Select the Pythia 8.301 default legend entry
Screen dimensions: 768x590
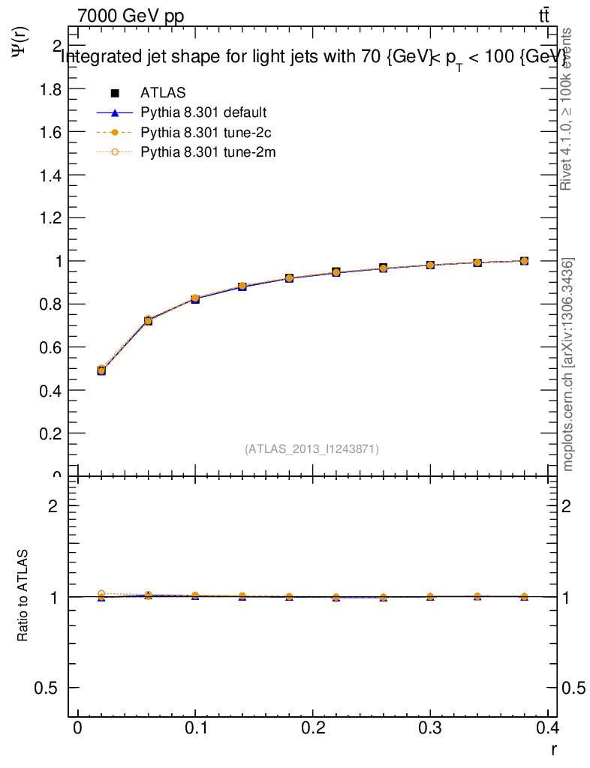pos(203,113)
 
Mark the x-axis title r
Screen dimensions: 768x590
pos(553,748)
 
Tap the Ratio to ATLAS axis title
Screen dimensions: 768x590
pos(23,595)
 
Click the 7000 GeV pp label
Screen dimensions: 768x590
pos(131,16)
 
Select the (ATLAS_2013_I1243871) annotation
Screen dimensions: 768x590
pos(312,449)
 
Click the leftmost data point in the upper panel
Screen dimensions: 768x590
pos(101,370)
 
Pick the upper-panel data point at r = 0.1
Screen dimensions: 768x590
pos(195,298)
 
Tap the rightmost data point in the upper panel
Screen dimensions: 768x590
pos(524,261)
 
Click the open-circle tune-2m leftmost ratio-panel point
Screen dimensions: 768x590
pos(101,593)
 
